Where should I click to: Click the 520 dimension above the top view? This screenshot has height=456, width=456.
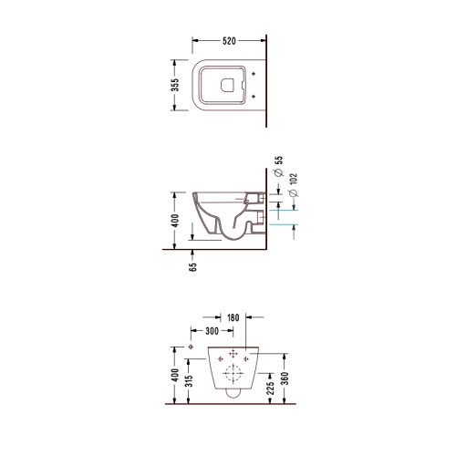click(x=229, y=41)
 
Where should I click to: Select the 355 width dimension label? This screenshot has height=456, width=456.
click(x=175, y=85)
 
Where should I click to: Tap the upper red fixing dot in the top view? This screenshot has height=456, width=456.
click(x=254, y=74)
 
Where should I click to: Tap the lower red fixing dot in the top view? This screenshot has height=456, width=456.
click(x=254, y=97)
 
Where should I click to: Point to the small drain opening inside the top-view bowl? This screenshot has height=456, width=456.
click(x=227, y=86)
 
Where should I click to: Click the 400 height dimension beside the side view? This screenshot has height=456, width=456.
click(x=175, y=221)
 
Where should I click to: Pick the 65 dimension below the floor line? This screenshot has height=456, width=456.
click(x=192, y=267)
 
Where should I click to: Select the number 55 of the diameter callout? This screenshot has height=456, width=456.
click(x=279, y=161)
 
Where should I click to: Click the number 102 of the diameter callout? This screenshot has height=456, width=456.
click(x=294, y=180)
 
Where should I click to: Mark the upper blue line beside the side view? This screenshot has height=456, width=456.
click(x=284, y=210)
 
